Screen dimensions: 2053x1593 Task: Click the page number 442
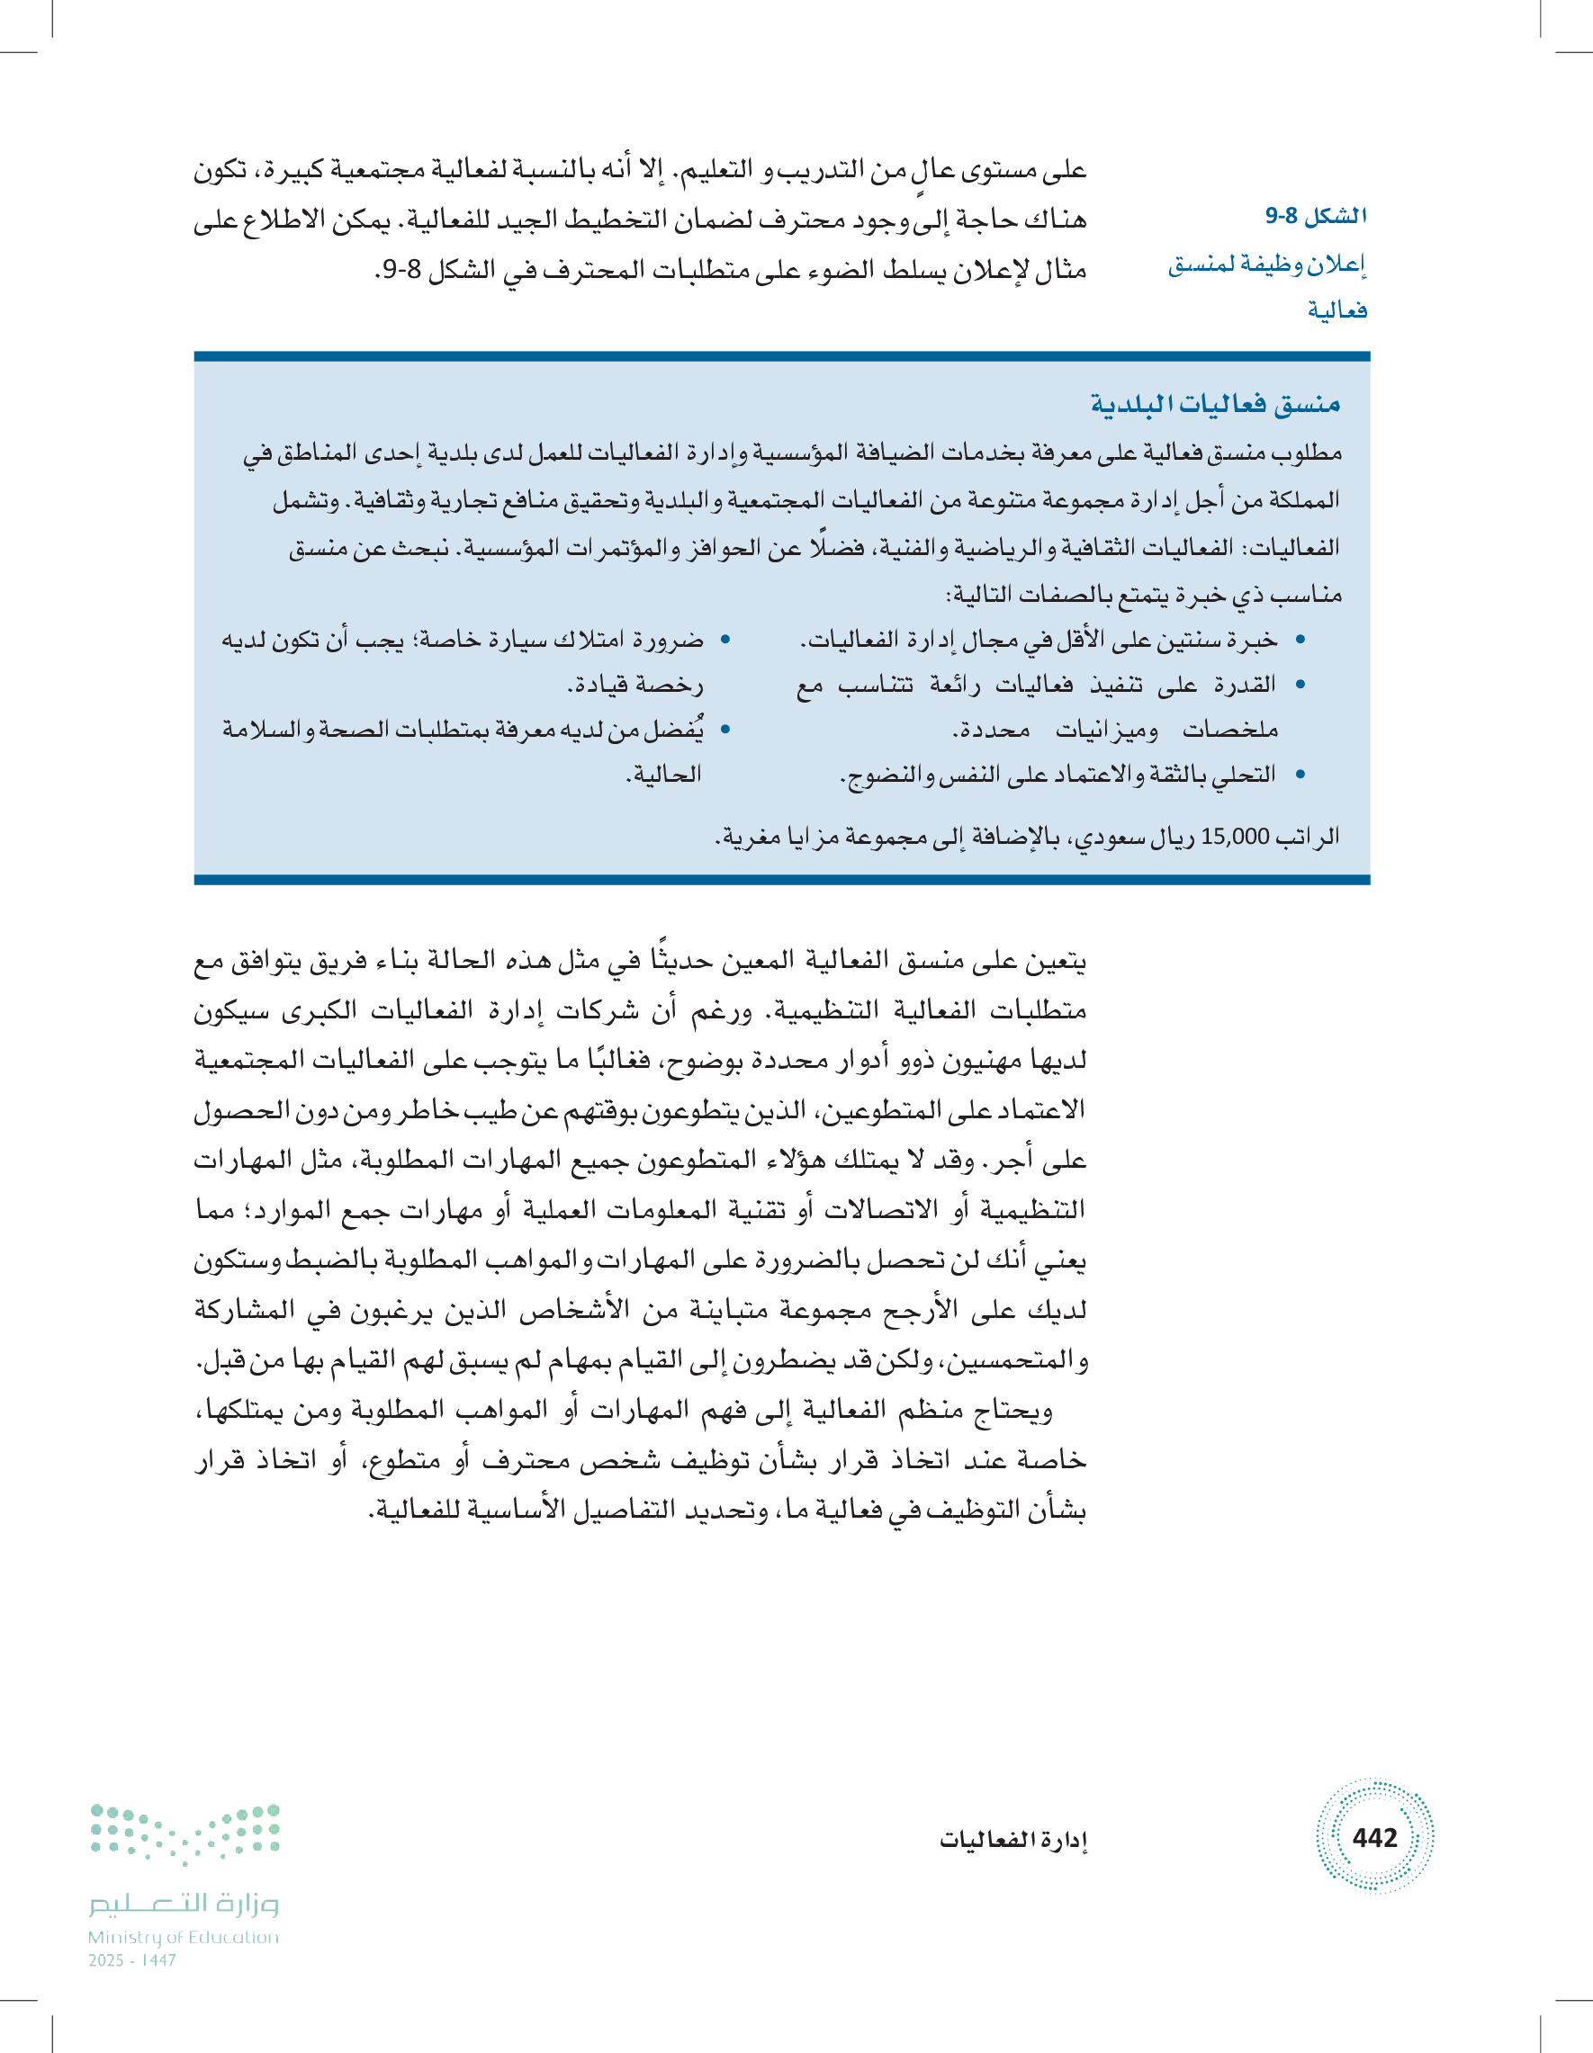pos(1374,1837)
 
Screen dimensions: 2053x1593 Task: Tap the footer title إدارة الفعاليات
pos(1012,1840)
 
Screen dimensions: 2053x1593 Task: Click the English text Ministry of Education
pos(184,1937)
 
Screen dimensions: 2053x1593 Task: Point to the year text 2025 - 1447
pos(132,1960)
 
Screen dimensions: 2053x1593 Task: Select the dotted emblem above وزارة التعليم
pos(185,1832)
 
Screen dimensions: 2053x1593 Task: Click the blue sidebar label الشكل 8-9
pos(1316,216)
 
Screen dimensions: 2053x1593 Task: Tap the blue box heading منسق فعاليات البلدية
pos(1215,404)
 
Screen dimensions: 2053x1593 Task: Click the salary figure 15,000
pos(1235,836)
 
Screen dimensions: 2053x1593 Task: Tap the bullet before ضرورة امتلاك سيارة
pos(725,641)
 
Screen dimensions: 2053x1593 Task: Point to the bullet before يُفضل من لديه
pos(725,730)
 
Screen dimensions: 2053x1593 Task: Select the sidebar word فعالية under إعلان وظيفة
pos(1336,310)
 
